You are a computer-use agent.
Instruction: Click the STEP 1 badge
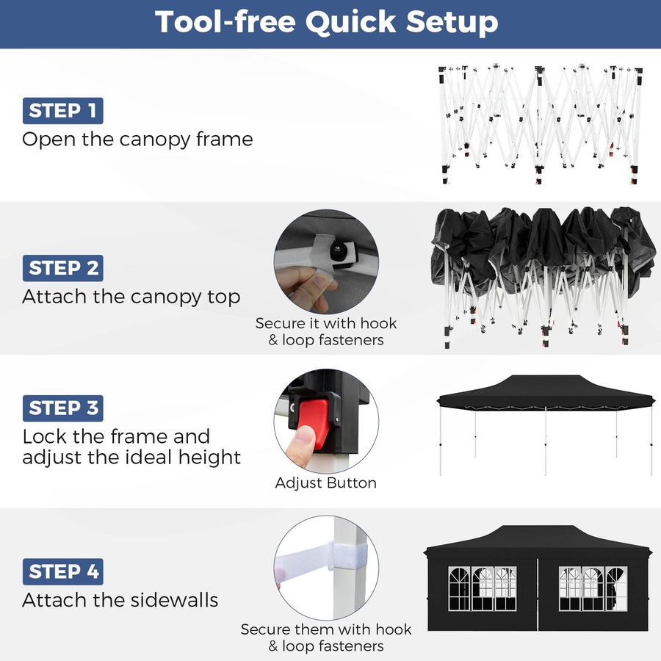click(62, 111)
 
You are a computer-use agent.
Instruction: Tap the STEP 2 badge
click(62, 268)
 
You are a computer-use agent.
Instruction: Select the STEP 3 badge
click(62, 408)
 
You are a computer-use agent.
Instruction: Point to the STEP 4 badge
click(62, 571)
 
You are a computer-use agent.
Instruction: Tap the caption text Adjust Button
click(325, 483)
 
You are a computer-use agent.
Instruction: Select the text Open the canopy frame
click(137, 139)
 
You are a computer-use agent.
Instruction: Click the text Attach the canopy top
click(131, 297)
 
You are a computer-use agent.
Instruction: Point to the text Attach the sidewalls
click(120, 600)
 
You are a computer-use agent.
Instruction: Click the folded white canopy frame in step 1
click(540, 121)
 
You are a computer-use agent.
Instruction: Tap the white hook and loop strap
click(308, 562)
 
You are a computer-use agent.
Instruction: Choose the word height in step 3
click(209, 457)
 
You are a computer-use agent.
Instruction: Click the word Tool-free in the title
click(225, 23)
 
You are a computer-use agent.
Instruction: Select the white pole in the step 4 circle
click(349, 588)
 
